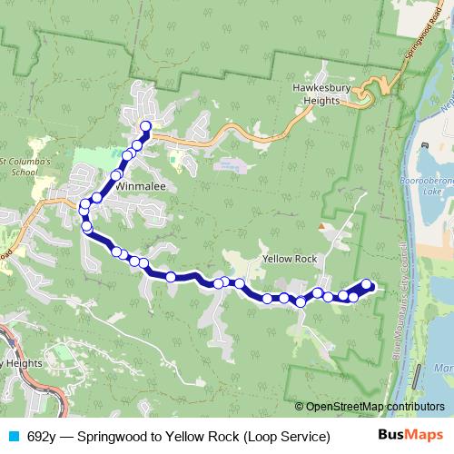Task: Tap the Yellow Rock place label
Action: point(290,259)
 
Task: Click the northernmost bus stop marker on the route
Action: point(145,125)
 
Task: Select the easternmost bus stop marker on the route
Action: point(367,284)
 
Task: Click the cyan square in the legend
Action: point(13,437)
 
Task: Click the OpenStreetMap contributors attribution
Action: point(374,407)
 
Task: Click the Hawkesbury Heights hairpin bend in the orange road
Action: point(364,94)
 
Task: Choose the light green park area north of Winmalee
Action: point(89,155)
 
